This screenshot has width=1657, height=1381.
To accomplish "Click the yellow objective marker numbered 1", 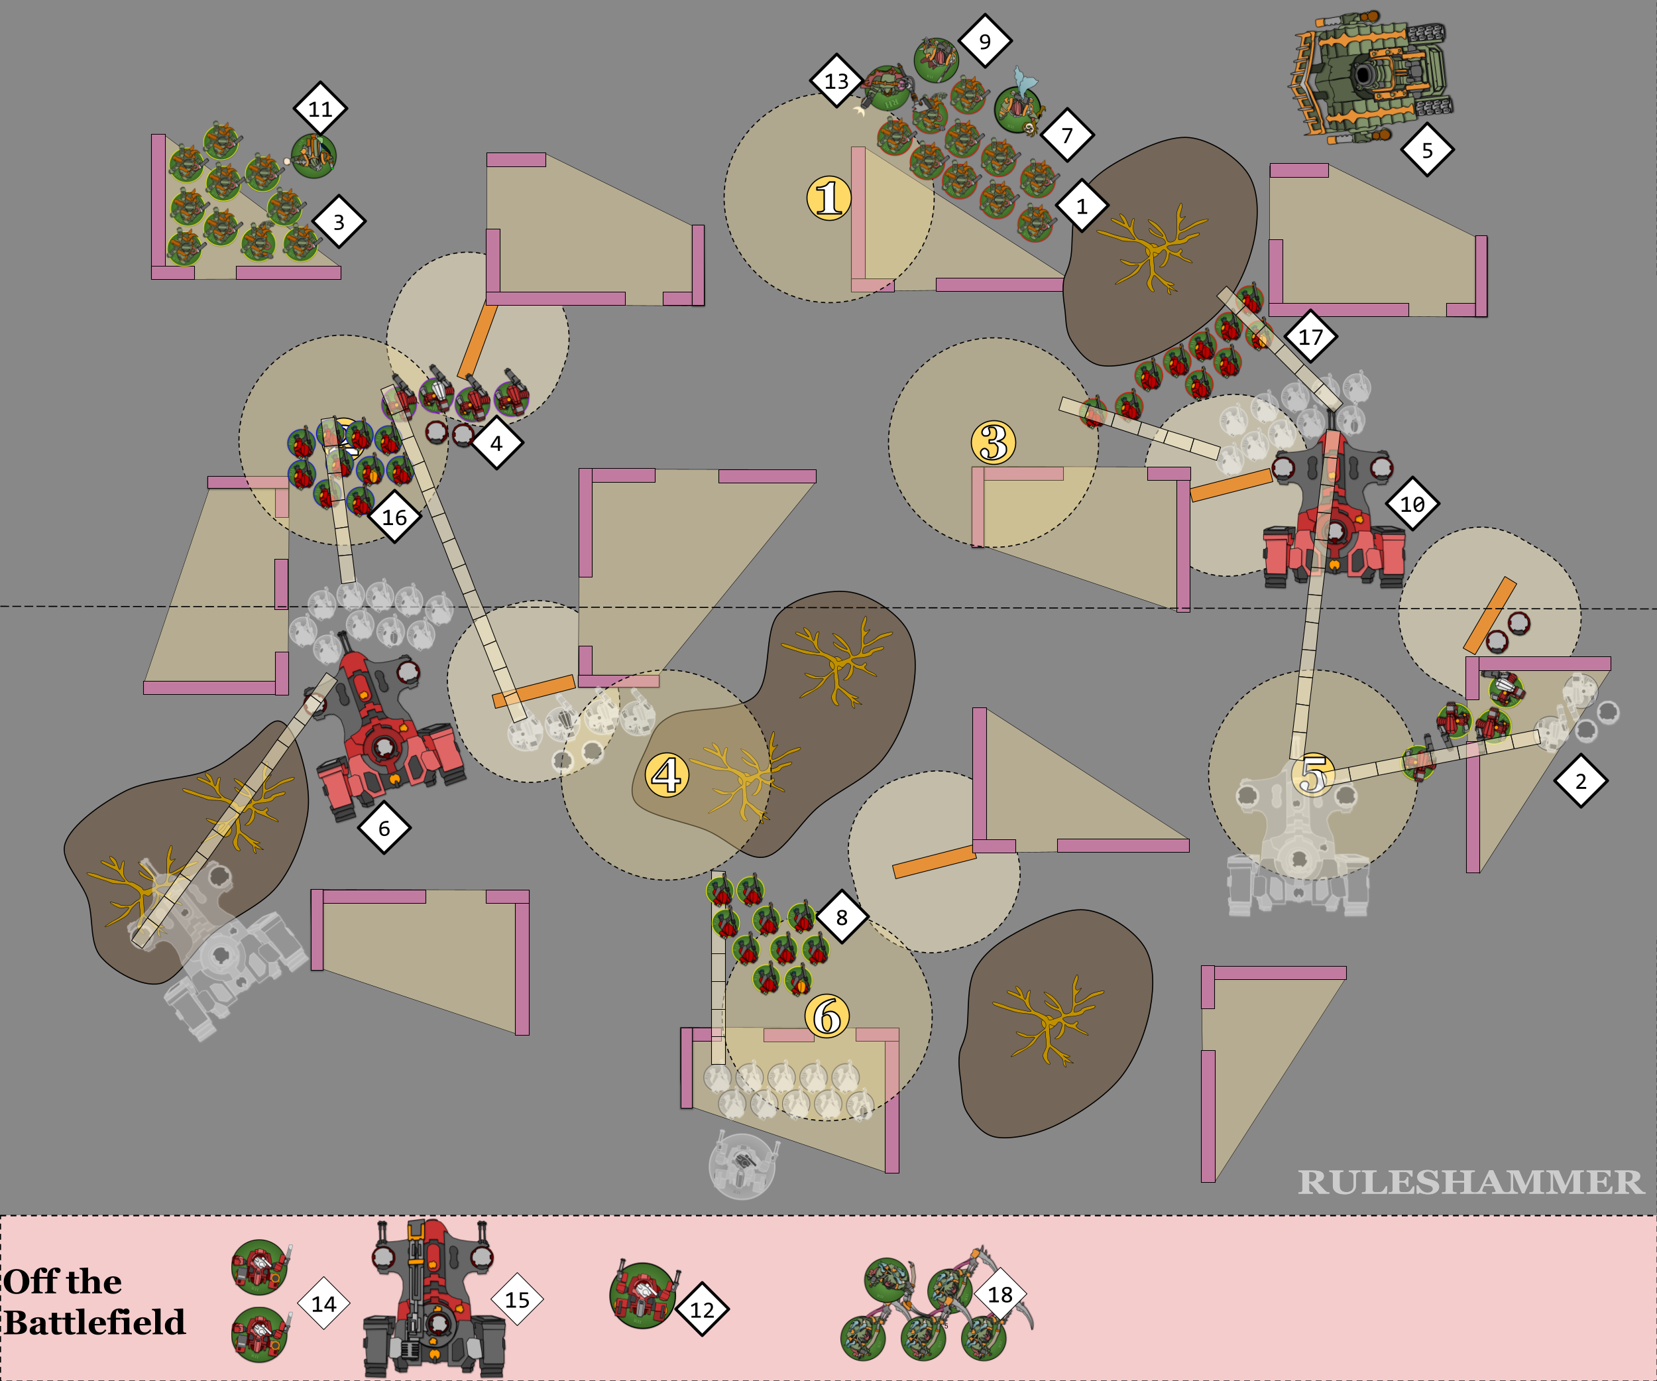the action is tap(828, 198).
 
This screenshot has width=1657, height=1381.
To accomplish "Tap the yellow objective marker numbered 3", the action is tap(994, 442).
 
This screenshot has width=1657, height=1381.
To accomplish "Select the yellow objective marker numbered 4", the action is tap(667, 774).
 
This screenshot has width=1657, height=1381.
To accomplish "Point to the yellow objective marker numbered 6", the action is tap(827, 1016).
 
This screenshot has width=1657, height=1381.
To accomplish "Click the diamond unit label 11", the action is tap(320, 108).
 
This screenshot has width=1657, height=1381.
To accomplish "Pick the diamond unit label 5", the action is tap(1426, 150).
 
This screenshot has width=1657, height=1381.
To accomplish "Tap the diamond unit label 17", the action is tap(1310, 337).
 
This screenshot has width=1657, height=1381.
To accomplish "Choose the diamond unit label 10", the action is tap(1412, 503).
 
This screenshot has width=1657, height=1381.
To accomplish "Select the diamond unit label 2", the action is tap(1581, 781).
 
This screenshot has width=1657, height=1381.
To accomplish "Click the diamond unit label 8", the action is tap(842, 917).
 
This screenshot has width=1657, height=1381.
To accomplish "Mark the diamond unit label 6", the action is tap(384, 828).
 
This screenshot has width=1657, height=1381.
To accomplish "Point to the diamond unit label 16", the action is tap(394, 517).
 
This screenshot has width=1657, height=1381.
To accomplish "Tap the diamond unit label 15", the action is tap(517, 1299).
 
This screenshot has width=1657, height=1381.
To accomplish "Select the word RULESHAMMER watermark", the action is tap(1471, 1181).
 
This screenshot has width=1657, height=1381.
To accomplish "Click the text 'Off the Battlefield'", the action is tap(95, 1302).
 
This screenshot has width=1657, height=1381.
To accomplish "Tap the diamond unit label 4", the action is tap(496, 444).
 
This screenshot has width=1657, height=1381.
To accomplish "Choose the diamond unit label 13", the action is tap(836, 80).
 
